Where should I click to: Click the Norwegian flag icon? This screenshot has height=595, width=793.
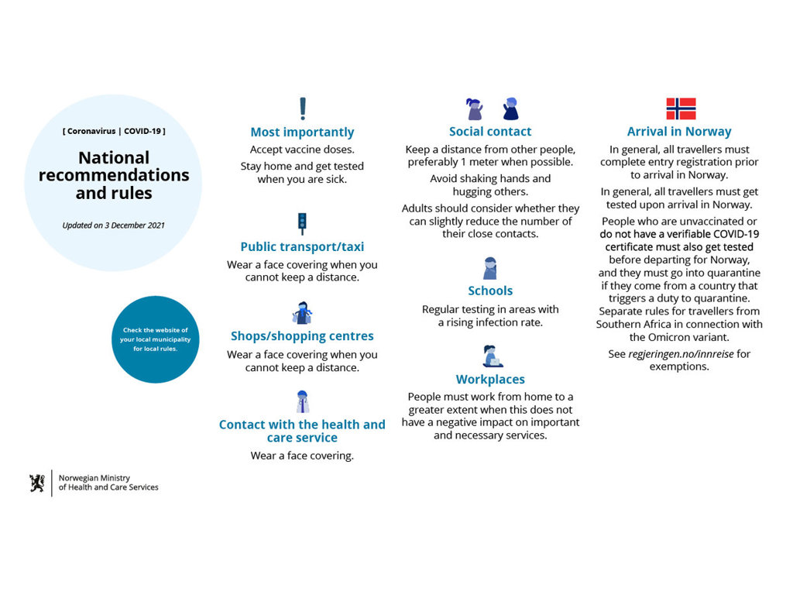coord(681,108)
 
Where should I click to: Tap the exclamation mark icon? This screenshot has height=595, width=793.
coord(303,108)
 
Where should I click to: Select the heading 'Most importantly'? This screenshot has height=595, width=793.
coord(302,132)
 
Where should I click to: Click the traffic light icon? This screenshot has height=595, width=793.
coord(302,224)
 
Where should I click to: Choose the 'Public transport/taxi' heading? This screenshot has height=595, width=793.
coord(302,247)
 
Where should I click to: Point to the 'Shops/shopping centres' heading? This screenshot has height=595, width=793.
coord(302,336)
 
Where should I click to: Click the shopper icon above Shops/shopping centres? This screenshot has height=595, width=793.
coord(302,313)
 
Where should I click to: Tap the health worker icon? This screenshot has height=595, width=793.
coord(302,401)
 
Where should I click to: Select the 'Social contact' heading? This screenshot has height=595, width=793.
coord(490,131)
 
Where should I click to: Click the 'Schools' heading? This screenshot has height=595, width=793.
coord(490,291)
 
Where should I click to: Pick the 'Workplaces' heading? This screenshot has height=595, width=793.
coord(490,379)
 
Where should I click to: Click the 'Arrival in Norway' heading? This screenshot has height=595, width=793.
coord(679,131)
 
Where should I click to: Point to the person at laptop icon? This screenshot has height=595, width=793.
coord(491,356)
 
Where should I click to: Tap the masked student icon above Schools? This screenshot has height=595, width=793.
coord(489,268)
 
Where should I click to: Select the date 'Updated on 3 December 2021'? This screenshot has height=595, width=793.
coord(113,225)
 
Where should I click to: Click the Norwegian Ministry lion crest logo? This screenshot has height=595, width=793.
coord(37,483)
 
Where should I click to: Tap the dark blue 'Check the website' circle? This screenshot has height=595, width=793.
coord(156,339)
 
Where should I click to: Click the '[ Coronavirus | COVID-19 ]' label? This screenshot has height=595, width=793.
coord(114,131)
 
